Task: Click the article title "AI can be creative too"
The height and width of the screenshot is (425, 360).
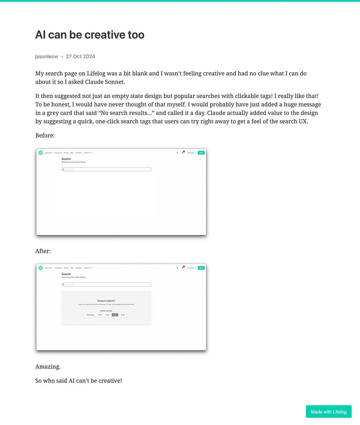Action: pos(90,35)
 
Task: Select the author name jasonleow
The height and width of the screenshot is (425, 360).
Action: pos(47,57)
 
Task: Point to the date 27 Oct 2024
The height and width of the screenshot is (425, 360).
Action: pos(80,57)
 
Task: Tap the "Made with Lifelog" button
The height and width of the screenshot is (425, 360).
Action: pos(329,411)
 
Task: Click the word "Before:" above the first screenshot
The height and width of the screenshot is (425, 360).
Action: pos(45,136)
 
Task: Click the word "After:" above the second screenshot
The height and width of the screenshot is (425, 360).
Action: pos(43,251)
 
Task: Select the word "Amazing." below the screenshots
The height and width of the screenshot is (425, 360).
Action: pos(48,367)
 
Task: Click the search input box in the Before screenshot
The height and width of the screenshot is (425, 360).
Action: pos(106,170)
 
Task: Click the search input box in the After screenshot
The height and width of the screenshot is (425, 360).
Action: pos(106,285)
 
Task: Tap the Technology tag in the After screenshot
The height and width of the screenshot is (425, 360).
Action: pos(90,315)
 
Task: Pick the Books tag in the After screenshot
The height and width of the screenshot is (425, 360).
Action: pos(123,315)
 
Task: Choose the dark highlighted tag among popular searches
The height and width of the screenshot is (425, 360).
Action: pos(115,315)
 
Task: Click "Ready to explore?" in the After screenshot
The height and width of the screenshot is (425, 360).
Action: pos(106,301)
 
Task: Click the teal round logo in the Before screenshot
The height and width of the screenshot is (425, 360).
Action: pos(41,153)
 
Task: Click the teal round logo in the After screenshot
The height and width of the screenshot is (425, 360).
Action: pos(41,268)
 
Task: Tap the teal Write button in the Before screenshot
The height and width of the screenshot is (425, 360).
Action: pos(201,153)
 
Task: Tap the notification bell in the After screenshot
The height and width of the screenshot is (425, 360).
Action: pos(183,268)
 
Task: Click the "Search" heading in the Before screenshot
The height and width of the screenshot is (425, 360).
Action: pos(66,159)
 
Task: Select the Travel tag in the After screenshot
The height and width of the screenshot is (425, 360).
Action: pos(100,315)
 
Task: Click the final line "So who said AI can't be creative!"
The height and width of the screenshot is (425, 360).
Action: pos(79,381)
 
